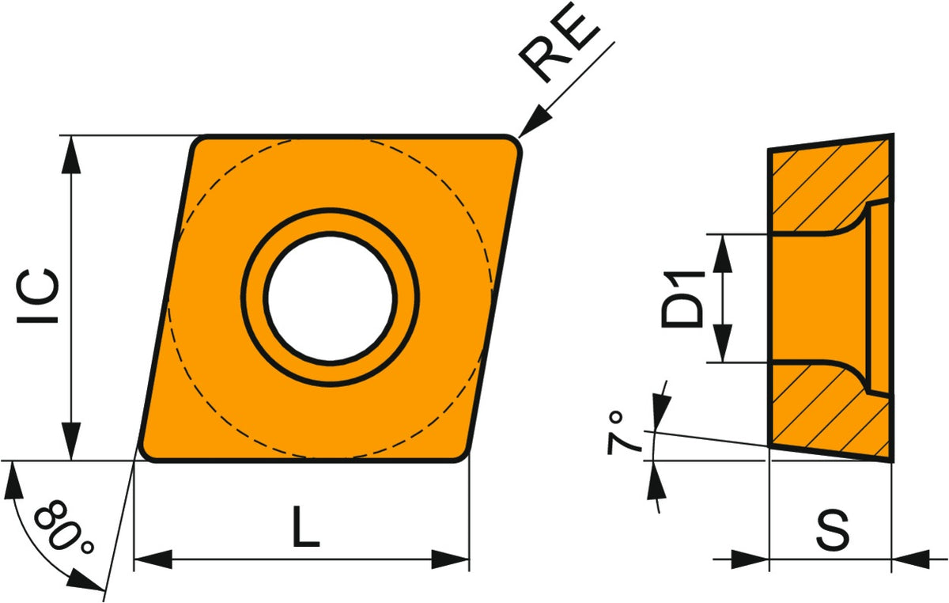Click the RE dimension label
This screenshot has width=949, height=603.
(558, 43)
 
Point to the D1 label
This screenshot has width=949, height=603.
(682, 299)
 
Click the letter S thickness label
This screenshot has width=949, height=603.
(833, 530)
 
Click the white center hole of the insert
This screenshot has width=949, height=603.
(331, 298)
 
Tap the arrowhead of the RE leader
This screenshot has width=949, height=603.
(535, 121)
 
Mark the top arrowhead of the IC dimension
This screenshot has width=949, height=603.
(71, 155)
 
